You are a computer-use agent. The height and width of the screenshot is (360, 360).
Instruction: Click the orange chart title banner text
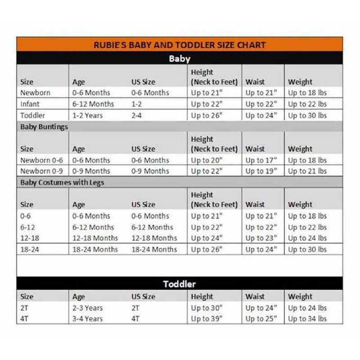tap(180, 45)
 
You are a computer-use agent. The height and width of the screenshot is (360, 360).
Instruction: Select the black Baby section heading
tap(180, 58)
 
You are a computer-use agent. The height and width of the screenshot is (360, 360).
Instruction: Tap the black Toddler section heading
tap(180, 284)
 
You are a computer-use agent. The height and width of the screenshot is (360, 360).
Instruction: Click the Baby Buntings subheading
tap(44, 127)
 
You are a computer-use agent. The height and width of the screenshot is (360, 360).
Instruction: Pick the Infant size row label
tap(30, 104)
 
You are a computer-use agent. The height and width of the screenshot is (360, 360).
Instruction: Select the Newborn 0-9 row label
tap(41, 171)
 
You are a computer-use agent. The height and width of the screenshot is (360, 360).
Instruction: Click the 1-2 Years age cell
tap(87, 115)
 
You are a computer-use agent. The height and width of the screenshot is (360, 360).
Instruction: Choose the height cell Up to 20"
tap(207, 160)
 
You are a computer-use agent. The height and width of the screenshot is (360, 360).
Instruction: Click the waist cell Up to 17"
tap(261, 160)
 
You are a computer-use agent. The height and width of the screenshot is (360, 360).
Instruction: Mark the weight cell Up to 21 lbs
tap(307, 171)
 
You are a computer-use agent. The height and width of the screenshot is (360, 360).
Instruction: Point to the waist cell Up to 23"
tap(261, 238)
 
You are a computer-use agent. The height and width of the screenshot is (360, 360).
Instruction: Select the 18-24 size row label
tap(30, 249)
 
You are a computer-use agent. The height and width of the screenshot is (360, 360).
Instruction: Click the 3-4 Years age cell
tap(87, 319)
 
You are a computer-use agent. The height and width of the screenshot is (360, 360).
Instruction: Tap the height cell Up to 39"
tap(207, 319)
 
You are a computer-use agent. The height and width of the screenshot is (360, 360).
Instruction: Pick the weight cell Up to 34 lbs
tap(307, 319)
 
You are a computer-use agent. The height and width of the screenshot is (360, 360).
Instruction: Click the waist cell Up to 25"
tap(261, 319)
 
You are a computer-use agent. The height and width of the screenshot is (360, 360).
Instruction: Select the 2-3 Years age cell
tap(87, 308)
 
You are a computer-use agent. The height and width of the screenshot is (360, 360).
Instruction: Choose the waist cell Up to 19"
tap(261, 171)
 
